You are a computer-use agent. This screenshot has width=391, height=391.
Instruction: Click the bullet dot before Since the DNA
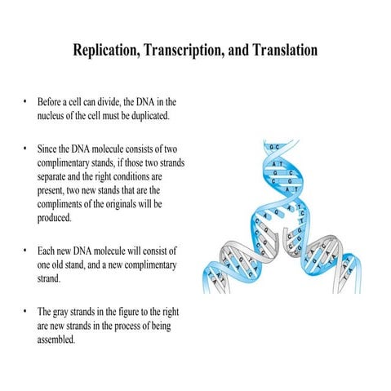(x=24, y=151)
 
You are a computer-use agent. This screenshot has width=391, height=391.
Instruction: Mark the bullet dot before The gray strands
(x=24, y=312)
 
